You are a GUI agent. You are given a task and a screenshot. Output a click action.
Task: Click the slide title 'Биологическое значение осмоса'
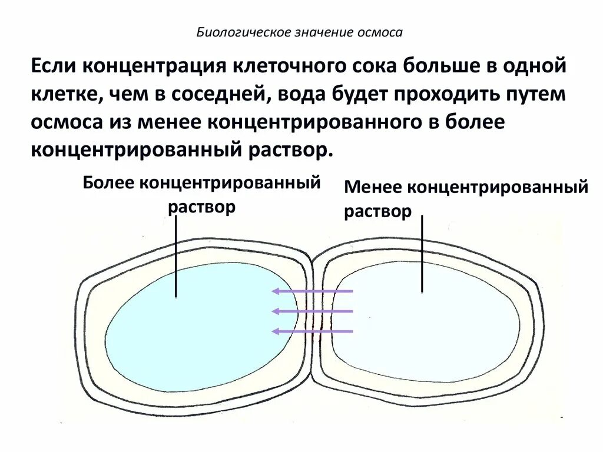click(x=299, y=32)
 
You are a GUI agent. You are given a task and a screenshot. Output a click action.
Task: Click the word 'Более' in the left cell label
click(x=110, y=182)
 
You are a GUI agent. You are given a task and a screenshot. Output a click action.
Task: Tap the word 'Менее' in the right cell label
click(x=373, y=188)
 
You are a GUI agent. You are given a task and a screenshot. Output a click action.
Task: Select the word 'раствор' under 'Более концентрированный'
click(x=202, y=207)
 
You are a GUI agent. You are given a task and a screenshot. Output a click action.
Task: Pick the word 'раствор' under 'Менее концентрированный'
click(x=377, y=212)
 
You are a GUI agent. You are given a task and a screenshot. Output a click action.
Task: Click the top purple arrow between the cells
click(x=312, y=291)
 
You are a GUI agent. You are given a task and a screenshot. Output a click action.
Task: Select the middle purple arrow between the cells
click(x=312, y=311)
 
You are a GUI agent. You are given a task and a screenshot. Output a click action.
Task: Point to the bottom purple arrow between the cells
click(x=312, y=331)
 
